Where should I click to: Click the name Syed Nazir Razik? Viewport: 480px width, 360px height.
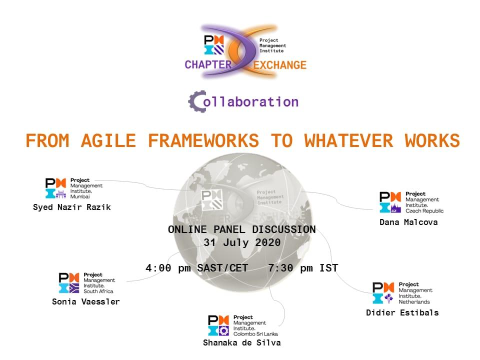pos(72,207)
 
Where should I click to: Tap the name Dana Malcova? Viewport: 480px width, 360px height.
pos(408,222)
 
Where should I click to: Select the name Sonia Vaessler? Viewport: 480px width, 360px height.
pos(85,302)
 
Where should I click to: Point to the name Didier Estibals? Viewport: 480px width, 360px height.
pos(402,313)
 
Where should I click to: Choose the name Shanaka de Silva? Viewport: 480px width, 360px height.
pos(242,343)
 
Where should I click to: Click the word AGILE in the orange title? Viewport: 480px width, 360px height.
pos(108,141)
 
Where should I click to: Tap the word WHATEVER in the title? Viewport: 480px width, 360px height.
pos(348,141)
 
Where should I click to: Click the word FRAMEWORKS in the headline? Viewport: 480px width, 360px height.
pos(203,141)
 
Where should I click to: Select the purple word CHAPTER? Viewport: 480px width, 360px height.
pos(208,65)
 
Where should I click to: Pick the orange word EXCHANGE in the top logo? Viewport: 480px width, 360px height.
pos(280,65)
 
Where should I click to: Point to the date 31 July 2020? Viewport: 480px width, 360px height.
pos(242,243)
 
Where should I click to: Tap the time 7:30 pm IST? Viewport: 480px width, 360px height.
pos(303,268)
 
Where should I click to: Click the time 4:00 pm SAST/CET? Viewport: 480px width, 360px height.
pos(196,268)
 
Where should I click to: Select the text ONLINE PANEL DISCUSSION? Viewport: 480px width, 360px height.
pos(242,229)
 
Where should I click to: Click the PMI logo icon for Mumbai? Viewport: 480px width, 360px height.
pos(55,188)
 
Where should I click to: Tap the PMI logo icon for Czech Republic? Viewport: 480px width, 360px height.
pos(390,202)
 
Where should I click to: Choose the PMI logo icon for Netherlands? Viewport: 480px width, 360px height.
pos(383,293)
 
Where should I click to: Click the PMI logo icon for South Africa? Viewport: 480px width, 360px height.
pos(69,283)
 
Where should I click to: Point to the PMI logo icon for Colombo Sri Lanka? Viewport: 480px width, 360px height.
pos(218,325)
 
